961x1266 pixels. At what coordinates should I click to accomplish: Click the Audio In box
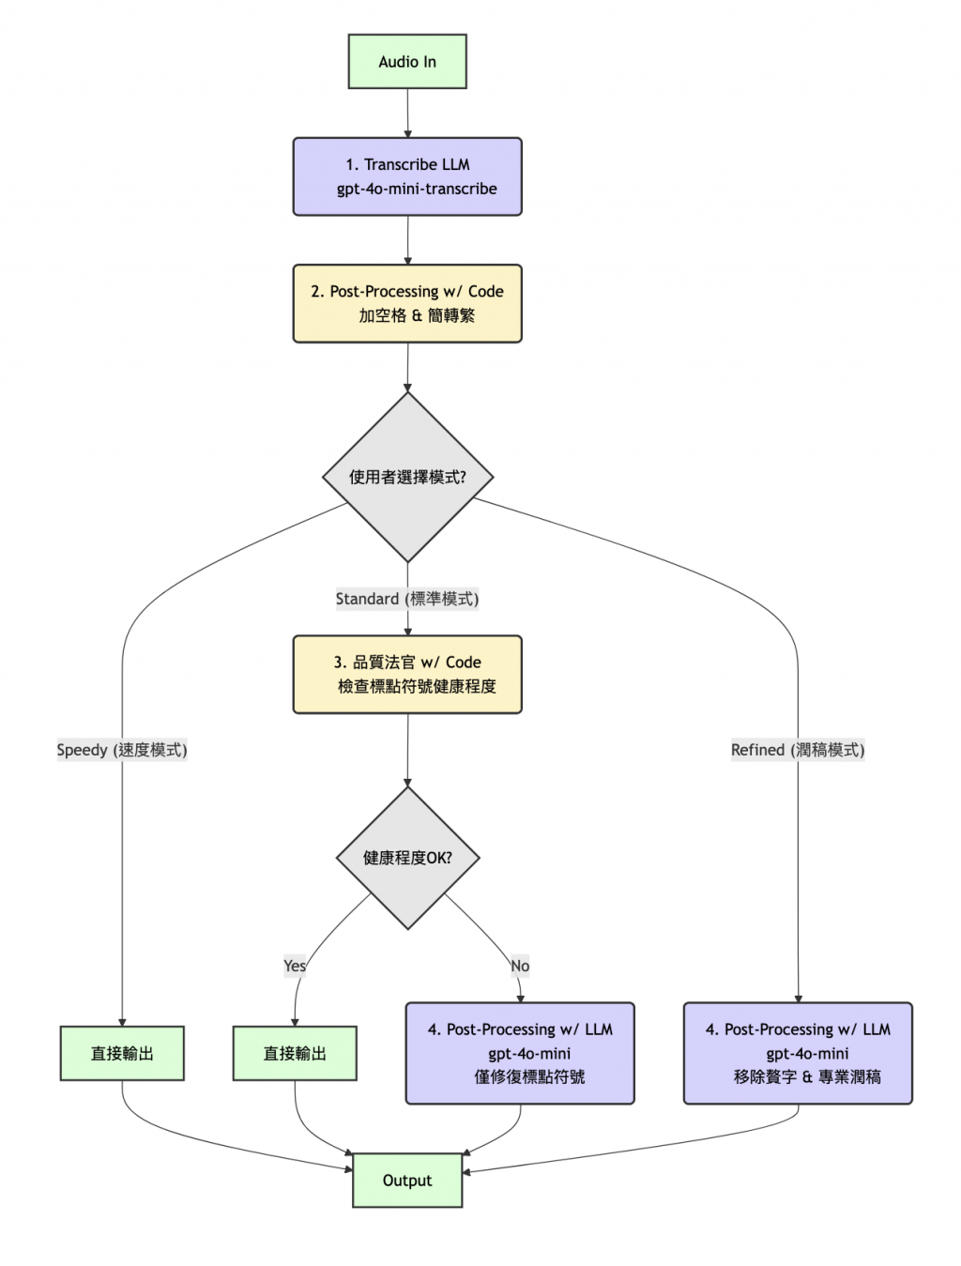407,62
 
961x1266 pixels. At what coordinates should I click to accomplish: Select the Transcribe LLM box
407,176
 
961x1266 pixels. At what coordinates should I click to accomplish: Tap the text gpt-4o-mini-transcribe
417,190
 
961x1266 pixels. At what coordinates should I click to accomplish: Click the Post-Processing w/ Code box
407,303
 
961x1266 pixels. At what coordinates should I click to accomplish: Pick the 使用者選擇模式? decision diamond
407,477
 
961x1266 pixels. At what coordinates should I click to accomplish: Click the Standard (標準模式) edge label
407,599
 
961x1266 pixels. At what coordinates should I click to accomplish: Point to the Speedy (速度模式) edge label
122,750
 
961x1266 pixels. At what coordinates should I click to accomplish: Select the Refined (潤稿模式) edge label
798,750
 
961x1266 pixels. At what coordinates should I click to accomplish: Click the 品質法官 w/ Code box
407,674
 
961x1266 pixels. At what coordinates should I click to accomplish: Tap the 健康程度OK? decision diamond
407,858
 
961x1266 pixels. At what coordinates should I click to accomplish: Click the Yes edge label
295,966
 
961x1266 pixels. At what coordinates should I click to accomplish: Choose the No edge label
520,966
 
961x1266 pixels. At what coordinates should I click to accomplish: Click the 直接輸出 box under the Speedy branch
122,1053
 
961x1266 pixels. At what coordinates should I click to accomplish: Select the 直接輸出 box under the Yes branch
295,1053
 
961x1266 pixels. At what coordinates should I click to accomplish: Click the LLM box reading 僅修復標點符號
520,1053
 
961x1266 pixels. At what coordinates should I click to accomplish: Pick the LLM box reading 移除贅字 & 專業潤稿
798,1053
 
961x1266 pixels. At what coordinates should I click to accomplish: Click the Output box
407,1181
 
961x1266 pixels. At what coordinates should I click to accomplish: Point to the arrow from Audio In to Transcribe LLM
407,114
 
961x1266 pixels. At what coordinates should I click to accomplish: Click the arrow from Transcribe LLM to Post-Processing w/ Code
407,240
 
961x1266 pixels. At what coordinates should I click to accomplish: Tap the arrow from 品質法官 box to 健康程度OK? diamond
407,750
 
